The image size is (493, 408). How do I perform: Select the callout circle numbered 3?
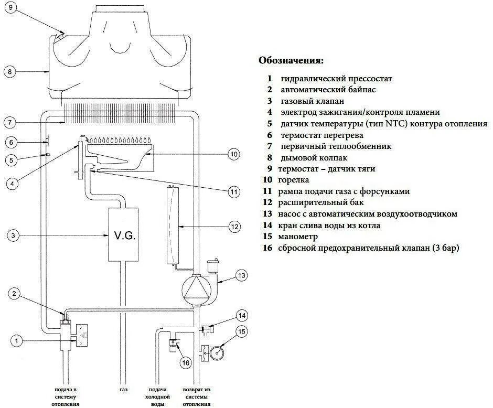point(15,236)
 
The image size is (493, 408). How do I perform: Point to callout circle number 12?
point(234,227)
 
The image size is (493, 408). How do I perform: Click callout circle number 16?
point(184,362)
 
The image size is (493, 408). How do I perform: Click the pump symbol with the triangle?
point(195,288)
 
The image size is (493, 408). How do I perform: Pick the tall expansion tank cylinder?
point(172,226)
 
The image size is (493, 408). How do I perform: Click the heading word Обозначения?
point(291,60)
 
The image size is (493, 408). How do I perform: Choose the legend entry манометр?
point(302,237)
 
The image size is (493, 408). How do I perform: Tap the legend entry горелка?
point(298,180)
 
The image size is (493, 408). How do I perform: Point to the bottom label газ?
point(123,390)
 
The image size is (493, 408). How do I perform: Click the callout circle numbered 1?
point(17,341)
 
